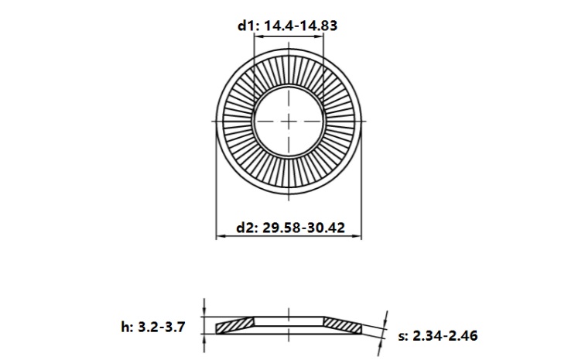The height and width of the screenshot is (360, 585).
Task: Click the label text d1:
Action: [248, 26]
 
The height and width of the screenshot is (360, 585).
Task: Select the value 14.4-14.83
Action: [301, 26]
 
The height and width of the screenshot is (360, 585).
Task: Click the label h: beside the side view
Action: [128, 327]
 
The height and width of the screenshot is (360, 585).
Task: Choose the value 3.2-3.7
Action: [163, 327]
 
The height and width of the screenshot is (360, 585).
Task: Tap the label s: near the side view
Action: [403, 336]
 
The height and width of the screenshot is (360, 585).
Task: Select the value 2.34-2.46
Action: [446, 336]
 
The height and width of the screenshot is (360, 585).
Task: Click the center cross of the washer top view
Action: [288, 122]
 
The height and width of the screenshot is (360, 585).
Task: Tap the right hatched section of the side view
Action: [342, 325]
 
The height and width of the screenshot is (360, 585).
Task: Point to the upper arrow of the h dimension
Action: [204, 312]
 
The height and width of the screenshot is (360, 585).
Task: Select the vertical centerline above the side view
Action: [288, 312]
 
